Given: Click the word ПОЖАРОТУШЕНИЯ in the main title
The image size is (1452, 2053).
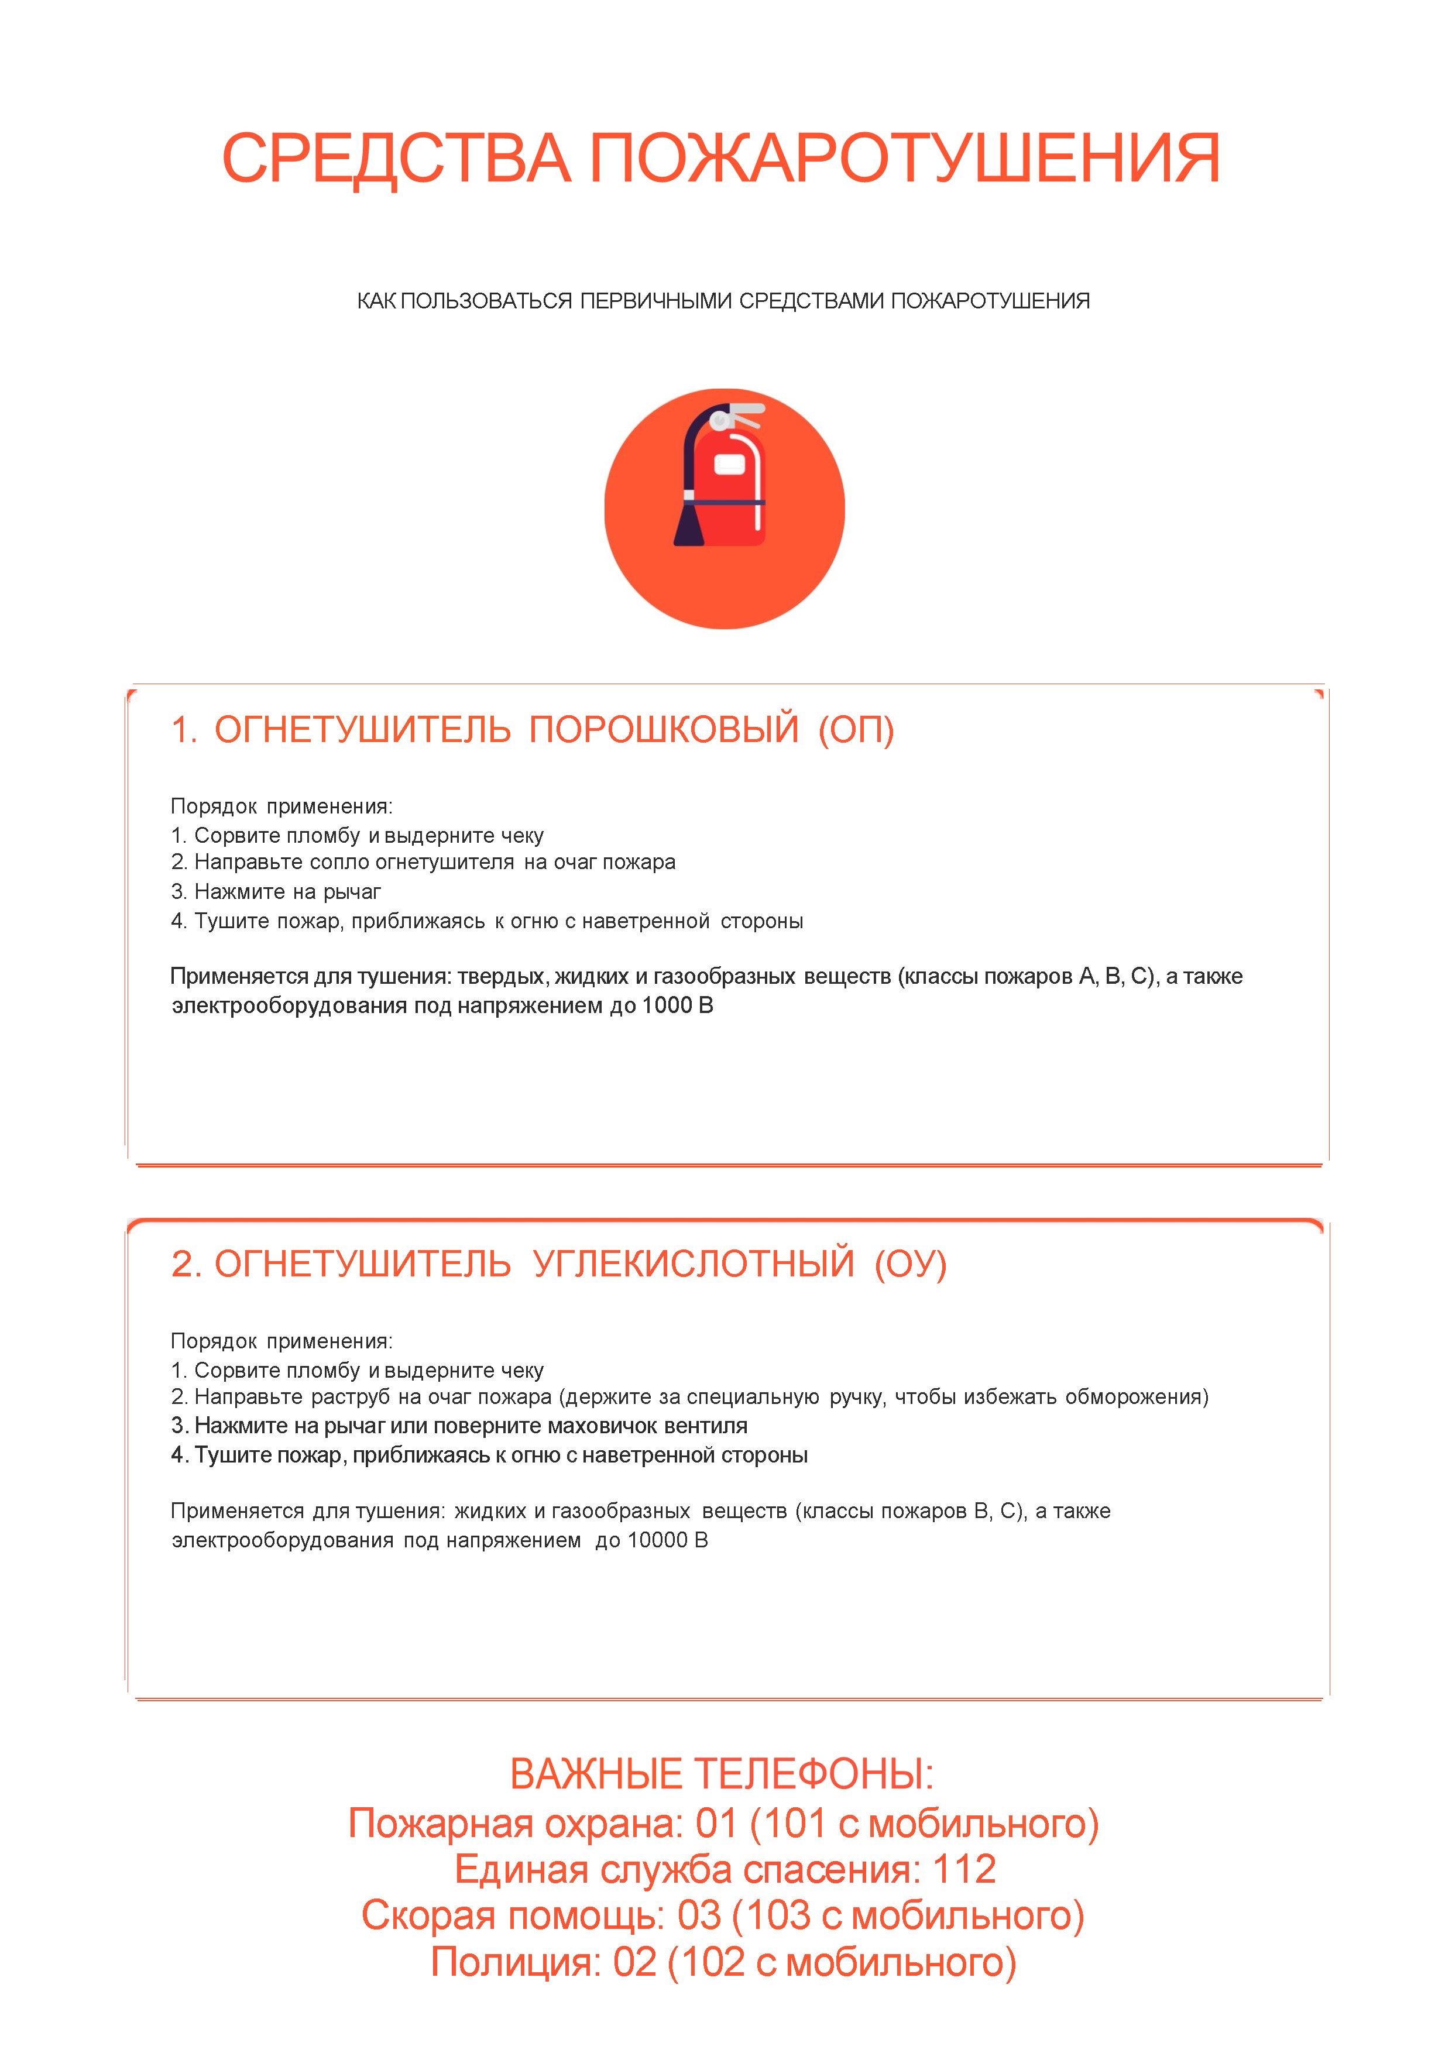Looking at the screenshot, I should point(904,159).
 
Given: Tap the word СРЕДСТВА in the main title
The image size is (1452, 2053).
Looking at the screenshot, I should point(396,159).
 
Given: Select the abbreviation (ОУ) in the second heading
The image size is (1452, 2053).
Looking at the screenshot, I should point(910,1264).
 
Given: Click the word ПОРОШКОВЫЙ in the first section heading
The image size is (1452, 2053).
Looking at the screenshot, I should point(664,730).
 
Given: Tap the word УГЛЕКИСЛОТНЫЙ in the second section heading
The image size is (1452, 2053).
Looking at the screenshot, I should point(694,1264).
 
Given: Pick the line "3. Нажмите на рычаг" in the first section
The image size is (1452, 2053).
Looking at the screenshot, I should point(276,891).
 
